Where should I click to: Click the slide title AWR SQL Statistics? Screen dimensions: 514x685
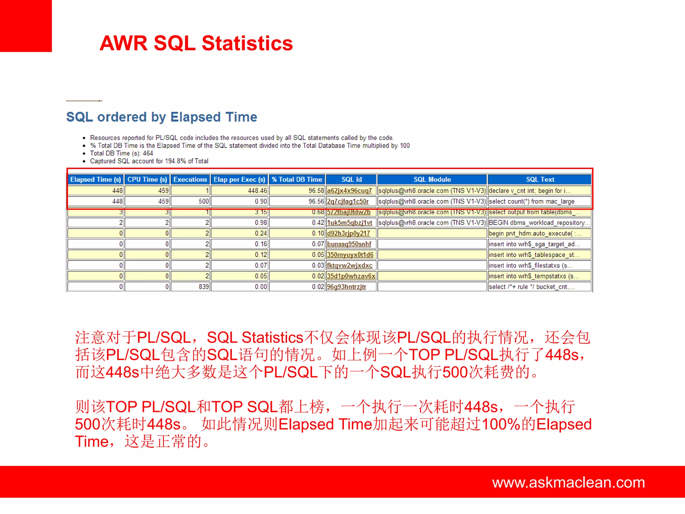coord(196,44)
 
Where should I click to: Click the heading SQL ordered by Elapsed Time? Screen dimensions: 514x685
coord(162,117)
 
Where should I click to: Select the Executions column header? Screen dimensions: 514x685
coord(190,179)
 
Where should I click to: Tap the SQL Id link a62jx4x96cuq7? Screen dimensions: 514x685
coord(349,191)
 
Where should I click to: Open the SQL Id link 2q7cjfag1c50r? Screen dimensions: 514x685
coord(348,201)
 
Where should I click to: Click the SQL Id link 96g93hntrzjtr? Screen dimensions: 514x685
coord(347,287)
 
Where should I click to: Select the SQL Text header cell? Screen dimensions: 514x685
coord(540,179)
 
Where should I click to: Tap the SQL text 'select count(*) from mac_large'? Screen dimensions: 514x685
coord(531,201)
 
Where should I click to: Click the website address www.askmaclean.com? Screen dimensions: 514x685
coord(568,483)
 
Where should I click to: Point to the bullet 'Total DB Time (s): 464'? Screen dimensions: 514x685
coord(121,153)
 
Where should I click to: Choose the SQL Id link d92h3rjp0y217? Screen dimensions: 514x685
coord(348,233)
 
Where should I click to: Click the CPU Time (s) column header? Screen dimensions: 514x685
coord(147,179)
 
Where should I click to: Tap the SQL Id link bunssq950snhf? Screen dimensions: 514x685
coord(349,244)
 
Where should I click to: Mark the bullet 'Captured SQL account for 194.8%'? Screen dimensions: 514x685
coord(149,161)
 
